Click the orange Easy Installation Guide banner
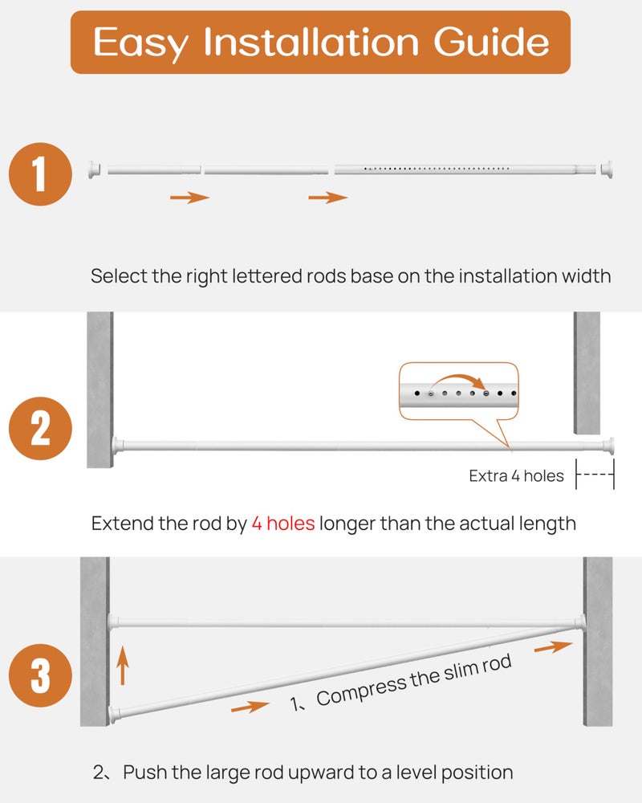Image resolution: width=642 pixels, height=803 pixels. (x=320, y=42)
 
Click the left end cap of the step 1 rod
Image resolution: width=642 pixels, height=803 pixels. (x=94, y=169)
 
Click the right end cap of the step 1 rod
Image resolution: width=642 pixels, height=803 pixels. (x=610, y=169)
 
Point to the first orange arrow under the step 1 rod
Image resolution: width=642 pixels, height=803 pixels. (x=189, y=198)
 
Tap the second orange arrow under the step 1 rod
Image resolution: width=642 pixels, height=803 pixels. (x=328, y=198)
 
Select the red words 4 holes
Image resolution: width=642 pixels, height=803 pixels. (x=282, y=524)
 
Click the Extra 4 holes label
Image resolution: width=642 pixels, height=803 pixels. (x=516, y=476)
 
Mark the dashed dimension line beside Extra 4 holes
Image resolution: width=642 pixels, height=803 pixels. (x=595, y=475)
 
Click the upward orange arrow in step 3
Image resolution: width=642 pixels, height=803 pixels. (x=122, y=666)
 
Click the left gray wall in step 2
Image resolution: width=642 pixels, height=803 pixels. (x=100, y=389)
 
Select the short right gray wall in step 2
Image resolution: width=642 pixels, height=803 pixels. (x=587, y=370)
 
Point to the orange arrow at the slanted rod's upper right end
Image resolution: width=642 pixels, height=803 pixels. (x=553, y=646)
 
